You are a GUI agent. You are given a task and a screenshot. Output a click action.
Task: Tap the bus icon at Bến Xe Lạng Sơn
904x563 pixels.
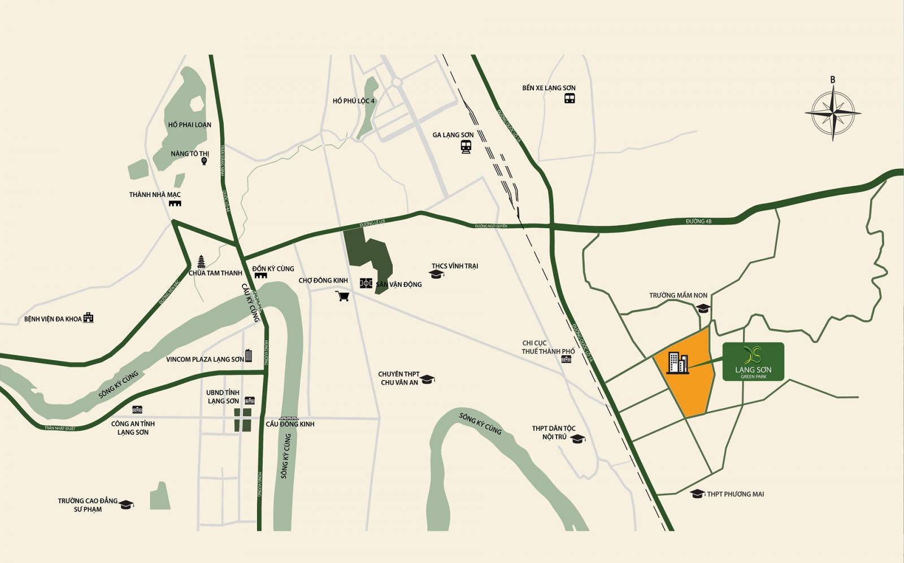click(x=569, y=98)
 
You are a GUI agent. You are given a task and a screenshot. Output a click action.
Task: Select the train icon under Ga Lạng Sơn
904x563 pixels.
click(x=466, y=147)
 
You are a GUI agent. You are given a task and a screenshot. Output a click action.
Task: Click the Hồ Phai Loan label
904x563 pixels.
click(x=190, y=125)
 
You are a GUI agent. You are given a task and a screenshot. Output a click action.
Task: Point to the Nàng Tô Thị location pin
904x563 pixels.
click(x=205, y=162)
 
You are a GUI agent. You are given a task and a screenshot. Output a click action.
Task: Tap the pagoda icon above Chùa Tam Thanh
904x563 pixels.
click(x=201, y=261)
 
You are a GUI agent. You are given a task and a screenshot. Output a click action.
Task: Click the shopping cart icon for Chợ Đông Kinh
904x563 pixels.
click(x=342, y=296)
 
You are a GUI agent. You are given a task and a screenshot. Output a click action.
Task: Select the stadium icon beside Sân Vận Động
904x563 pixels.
click(x=366, y=283)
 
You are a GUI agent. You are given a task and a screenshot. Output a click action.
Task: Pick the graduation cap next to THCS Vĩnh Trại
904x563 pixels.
click(x=436, y=274)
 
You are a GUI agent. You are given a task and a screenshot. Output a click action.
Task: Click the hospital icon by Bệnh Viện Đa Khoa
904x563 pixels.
click(x=88, y=318)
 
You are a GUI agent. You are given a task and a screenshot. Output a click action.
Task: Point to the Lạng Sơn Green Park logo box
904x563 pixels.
click(x=753, y=361)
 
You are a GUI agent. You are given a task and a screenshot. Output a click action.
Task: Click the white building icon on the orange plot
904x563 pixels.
click(x=677, y=363)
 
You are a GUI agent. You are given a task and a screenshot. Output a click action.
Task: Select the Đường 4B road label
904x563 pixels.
click(x=698, y=221)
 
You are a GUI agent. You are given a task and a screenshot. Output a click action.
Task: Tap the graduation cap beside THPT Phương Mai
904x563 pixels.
click(x=698, y=494)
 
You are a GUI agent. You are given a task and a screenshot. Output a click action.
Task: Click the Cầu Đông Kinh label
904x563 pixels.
click(x=290, y=424)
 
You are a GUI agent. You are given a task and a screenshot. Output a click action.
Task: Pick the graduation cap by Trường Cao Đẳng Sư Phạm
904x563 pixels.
click(x=126, y=504)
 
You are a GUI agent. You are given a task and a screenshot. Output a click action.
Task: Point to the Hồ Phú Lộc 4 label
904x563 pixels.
click(x=353, y=101)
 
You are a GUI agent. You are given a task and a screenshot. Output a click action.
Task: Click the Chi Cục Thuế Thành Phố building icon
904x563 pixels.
click(x=566, y=359)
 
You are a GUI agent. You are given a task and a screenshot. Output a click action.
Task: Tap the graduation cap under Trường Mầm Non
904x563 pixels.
click(x=702, y=308)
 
